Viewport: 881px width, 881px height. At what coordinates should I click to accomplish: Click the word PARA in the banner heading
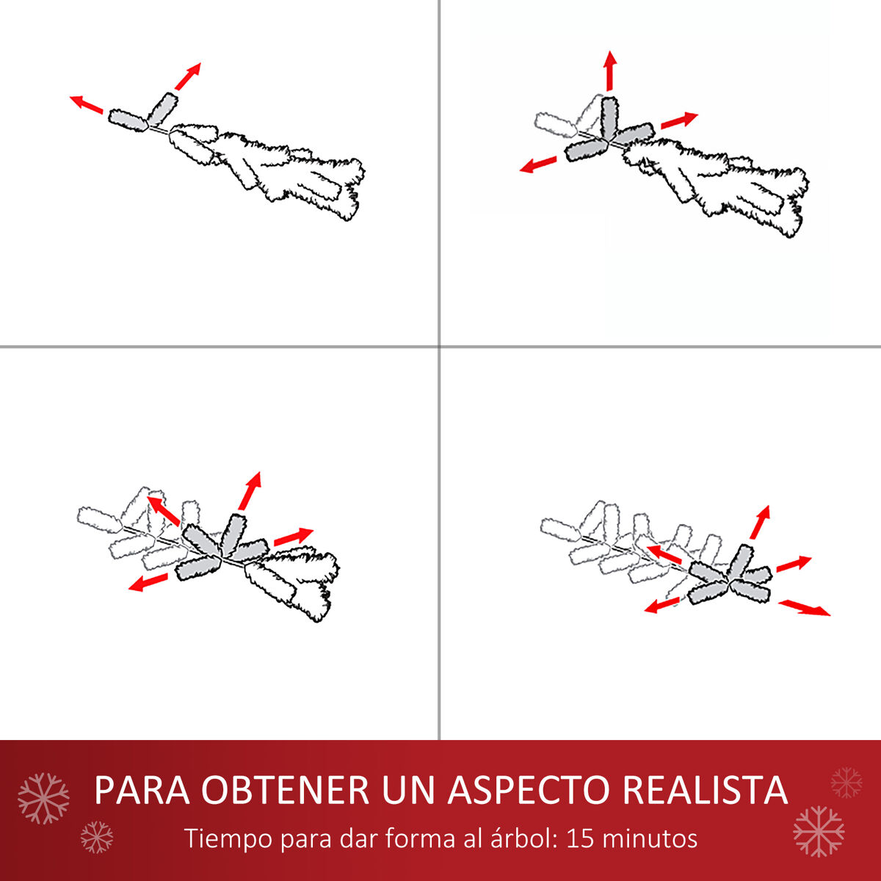142,789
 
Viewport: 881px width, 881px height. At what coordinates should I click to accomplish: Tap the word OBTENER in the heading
285,789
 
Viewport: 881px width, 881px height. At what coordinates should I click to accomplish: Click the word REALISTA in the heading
705,789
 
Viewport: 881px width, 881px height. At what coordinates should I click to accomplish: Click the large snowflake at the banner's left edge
43,799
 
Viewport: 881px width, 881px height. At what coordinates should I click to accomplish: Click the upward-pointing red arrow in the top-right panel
610,71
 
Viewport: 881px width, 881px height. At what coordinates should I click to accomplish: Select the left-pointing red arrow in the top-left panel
87,105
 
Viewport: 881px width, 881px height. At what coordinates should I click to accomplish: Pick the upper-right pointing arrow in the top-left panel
188,76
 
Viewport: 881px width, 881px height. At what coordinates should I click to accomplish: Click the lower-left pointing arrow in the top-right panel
538,164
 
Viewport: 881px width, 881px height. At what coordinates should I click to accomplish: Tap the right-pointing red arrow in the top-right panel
679,120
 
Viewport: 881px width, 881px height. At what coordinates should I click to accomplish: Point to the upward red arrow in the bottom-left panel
250,490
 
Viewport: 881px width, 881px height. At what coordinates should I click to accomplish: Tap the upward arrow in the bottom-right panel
761,522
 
